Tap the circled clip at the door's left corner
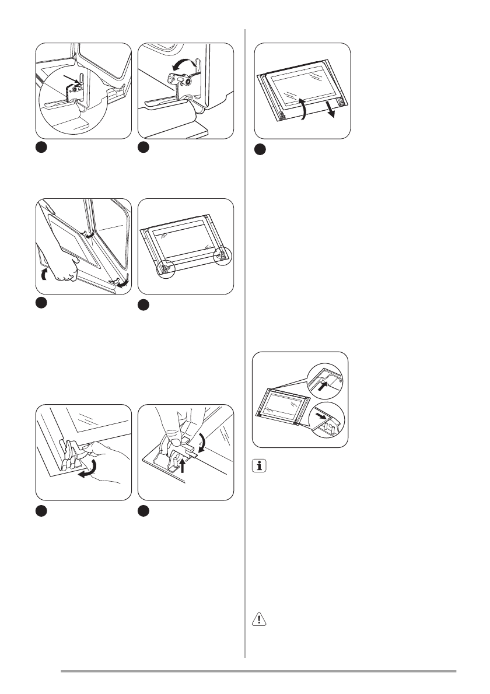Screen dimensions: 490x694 (x=166, y=268)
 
